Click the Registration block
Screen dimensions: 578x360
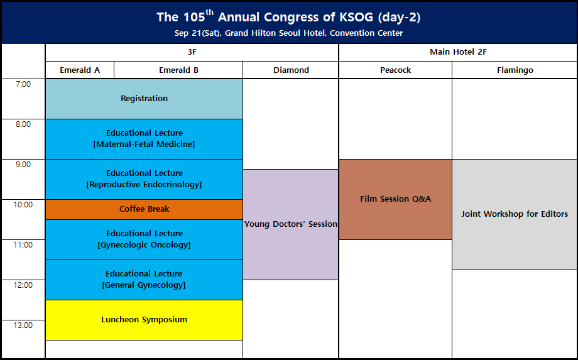pos(144,99)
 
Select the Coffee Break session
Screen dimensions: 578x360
pos(144,209)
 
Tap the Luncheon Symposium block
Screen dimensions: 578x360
pos(144,320)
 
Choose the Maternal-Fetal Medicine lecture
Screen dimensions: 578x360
pos(144,139)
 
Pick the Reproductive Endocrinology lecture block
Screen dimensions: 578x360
pos(144,179)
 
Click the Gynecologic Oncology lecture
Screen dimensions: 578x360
pos(144,239)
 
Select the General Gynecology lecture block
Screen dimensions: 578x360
pos(144,280)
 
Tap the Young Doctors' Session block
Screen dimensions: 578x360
pos(290,224)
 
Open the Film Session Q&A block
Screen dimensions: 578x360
pos(395,199)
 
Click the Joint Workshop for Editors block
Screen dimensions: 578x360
pos(515,214)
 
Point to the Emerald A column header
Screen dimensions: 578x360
pos(80,70)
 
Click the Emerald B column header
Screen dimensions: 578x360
pos(178,70)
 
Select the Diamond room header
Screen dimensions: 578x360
pos(291,70)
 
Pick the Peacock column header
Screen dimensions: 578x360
pos(395,70)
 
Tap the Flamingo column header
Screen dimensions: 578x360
pos(515,70)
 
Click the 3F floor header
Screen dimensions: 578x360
pos(192,52)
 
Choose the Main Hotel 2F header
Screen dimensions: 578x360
pos(458,52)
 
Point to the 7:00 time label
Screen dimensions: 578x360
pos(23,84)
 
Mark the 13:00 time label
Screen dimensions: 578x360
pos(23,325)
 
